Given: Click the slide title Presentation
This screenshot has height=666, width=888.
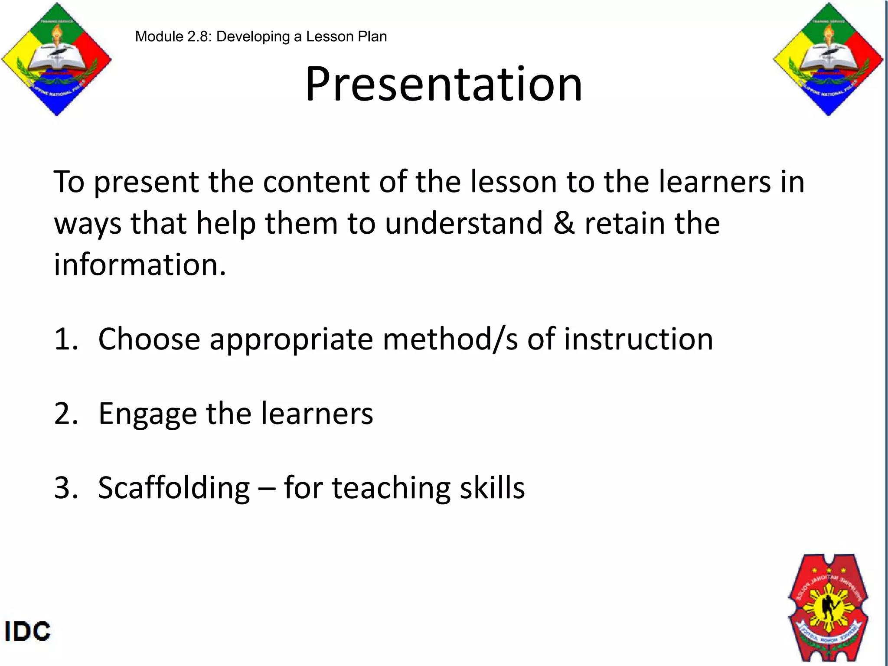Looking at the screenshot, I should pos(444,85).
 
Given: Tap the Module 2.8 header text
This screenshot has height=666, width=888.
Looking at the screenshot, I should pos(261,37).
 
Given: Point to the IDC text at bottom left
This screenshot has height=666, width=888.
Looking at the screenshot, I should pos(28,631).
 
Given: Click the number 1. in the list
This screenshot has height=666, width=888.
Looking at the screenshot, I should pos(66,339).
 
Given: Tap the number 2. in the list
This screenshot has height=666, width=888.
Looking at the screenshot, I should pos(66,414).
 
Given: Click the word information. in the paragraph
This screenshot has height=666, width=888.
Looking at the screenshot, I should pos(140,264).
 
